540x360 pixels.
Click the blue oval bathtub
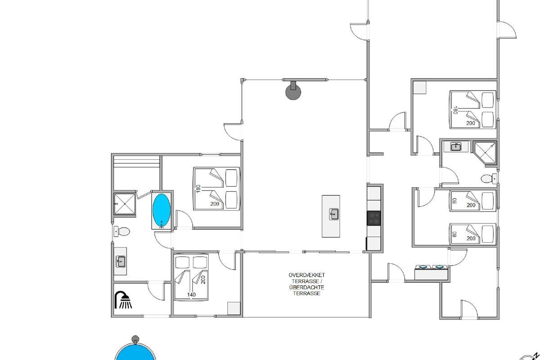point(162,211)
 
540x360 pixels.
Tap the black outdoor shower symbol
point(123,300)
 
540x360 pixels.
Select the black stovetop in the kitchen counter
point(374,218)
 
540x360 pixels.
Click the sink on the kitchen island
point(334,214)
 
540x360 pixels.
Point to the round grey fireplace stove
point(293,91)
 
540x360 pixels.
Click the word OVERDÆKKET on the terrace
point(306,275)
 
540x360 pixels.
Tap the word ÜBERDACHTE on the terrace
point(306,287)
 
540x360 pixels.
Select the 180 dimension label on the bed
point(198,189)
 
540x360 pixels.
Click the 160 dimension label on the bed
point(455,110)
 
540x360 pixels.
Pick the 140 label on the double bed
point(191,295)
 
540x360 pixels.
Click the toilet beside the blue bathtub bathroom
point(122,232)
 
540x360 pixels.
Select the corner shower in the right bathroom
point(485,153)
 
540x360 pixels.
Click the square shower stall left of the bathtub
point(124,204)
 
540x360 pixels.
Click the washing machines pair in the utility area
point(431,272)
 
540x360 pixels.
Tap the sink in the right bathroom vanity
point(456,147)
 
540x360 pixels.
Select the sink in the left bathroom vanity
point(121,261)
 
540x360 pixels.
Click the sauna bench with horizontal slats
point(137,162)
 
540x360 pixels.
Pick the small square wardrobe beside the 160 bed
point(420,88)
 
